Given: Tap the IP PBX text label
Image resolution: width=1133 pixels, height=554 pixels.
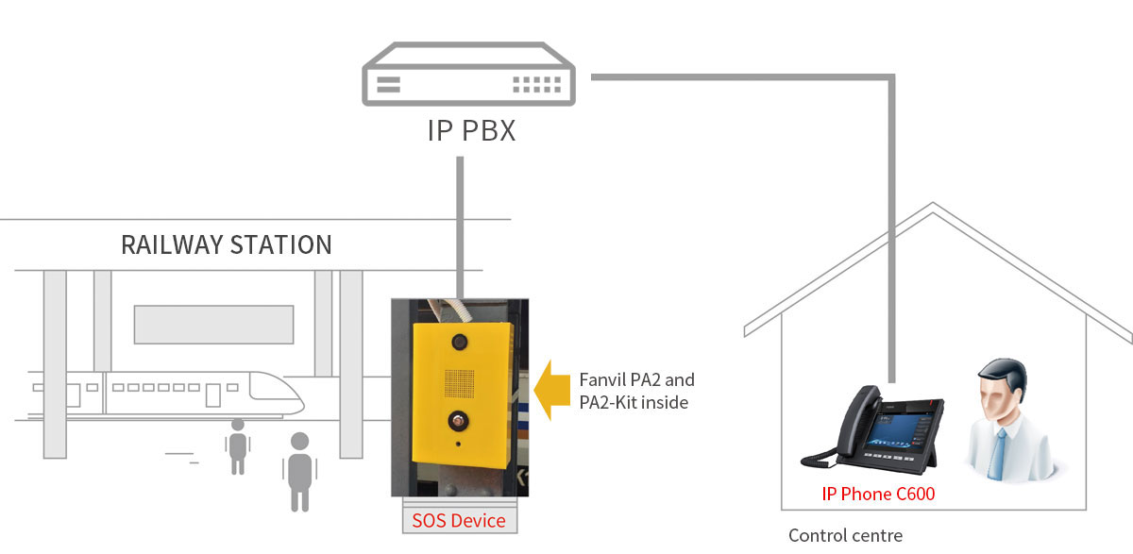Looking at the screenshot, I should click(x=471, y=130).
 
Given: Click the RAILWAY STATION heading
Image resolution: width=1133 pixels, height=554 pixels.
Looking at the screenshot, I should click(x=227, y=245).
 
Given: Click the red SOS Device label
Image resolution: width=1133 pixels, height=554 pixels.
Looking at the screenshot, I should click(x=459, y=521).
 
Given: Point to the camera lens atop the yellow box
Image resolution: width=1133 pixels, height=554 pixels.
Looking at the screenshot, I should click(x=461, y=340).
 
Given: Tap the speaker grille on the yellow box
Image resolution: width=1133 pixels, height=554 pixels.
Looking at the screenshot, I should click(x=460, y=382).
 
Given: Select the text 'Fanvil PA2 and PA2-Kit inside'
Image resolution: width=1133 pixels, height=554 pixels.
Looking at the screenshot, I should click(x=636, y=391).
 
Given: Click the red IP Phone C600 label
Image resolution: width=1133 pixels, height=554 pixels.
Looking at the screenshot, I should click(x=878, y=494).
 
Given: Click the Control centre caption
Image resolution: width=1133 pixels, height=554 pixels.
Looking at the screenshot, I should click(x=845, y=536).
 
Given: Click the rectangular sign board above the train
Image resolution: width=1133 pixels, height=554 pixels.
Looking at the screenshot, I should click(x=213, y=324).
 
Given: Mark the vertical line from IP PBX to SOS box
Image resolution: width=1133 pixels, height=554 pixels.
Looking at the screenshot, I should click(x=460, y=227).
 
